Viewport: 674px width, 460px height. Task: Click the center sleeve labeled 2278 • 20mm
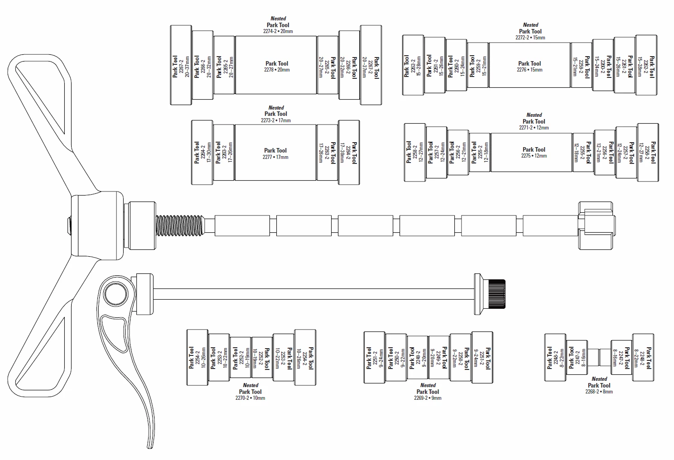pyautogui.click(x=276, y=66)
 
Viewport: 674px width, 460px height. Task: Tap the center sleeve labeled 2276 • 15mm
pyautogui.click(x=529, y=66)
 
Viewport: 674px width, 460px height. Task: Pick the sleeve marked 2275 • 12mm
pyautogui.click(x=534, y=153)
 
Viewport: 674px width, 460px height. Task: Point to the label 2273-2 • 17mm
pyautogui.click(x=276, y=120)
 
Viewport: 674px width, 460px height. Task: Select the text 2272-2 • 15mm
pyautogui.click(x=530, y=38)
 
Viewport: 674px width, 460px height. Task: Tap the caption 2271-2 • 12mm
pyautogui.click(x=534, y=128)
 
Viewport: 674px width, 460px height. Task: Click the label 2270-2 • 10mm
pyautogui.click(x=250, y=398)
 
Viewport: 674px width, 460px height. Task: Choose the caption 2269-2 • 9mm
pyautogui.click(x=427, y=398)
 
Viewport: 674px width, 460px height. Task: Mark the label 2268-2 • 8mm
pyautogui.click(x=599, y=392)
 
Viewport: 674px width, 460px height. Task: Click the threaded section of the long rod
pyautogui.click(x=180, y=225)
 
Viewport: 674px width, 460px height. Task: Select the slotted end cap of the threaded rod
pyautogui.click(x=597, y=225)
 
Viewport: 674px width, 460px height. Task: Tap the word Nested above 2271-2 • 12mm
pyautogui.click(x=534, y=115)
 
